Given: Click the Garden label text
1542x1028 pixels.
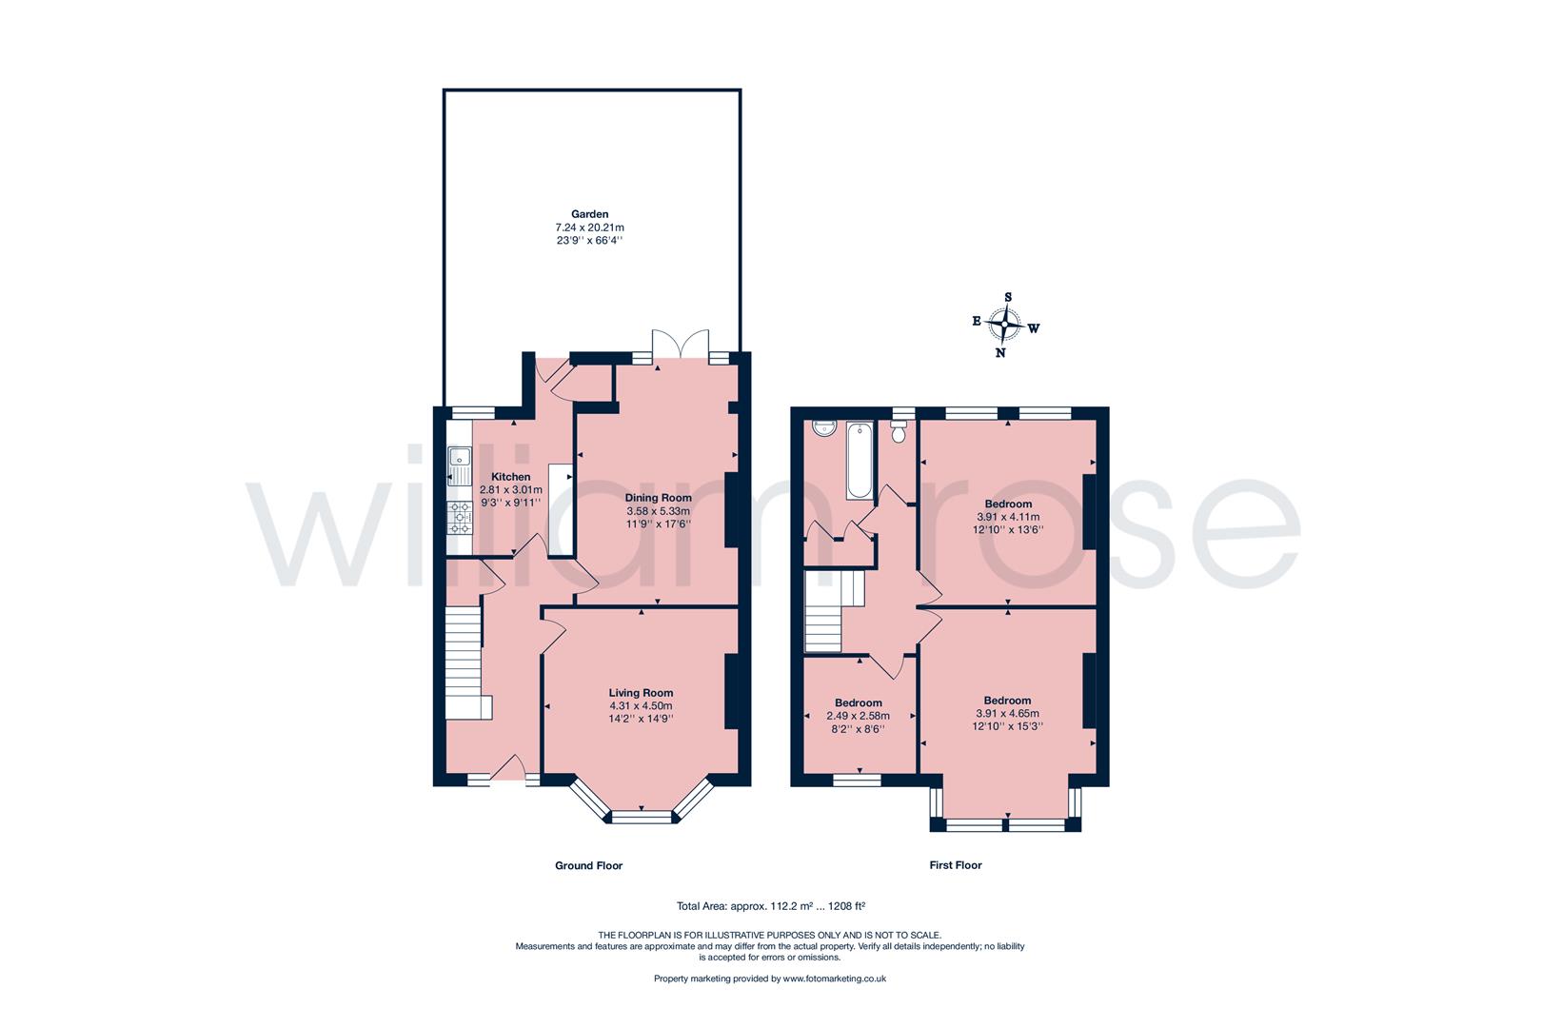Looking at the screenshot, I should (589, 214).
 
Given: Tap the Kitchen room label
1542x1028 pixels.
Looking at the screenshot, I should (510, 477).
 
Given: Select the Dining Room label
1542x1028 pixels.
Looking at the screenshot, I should (658, 498).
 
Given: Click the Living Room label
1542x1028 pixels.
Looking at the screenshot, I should (641, 693).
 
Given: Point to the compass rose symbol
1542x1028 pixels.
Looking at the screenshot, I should (1004, 326).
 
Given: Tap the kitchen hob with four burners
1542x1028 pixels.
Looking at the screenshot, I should (460, 517).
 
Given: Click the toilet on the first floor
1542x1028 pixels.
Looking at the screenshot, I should (898, 433).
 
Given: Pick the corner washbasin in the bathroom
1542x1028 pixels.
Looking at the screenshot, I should (820, 429).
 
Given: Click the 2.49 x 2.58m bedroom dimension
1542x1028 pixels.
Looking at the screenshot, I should (858, 716).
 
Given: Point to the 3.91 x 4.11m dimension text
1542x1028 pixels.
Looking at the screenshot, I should (1008, 517).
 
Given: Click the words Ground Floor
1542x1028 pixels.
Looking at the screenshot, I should (588, 865).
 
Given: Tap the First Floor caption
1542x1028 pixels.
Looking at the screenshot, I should (955, 865).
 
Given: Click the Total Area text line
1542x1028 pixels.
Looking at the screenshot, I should (770, 906).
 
